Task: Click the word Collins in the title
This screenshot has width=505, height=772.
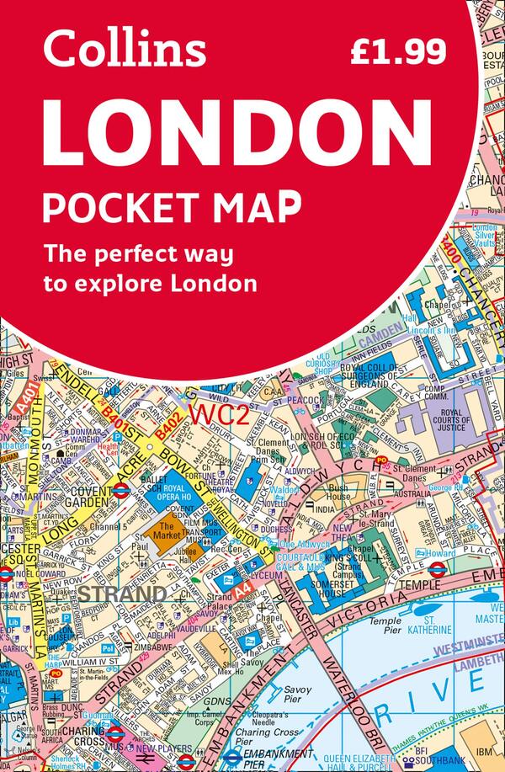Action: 125,51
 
